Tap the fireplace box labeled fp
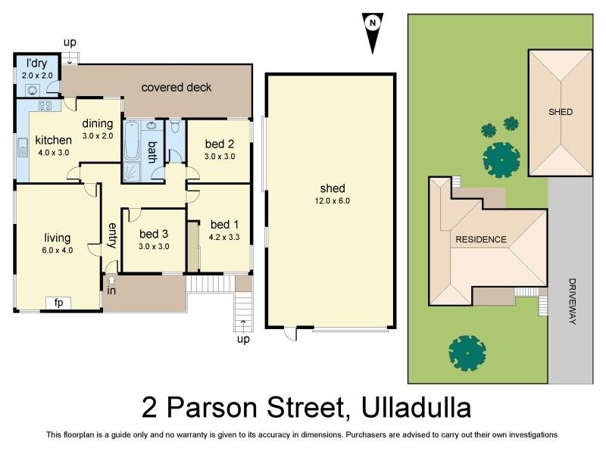click(58, 303)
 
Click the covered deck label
click(176, 87)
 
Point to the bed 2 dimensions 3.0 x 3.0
click(219, 157)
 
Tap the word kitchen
click(53, 140)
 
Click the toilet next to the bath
click(174, 126)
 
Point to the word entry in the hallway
click(112, 235)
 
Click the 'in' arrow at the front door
click(111, 283)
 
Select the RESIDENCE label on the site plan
click(480, 240)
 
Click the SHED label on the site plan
click(561, 112)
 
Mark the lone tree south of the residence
click(467, 352)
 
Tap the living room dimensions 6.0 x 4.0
click(58, 250)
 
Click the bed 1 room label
click(224, 224)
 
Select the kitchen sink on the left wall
click(21, 147)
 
